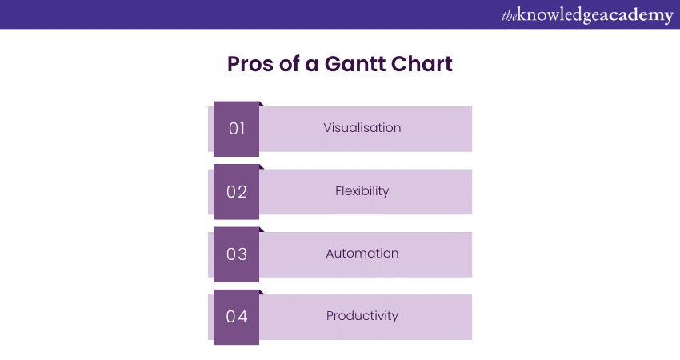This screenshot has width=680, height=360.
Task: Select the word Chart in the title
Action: (422, 64)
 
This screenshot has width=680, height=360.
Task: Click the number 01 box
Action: (236, 129)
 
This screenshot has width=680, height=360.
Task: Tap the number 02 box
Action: (236, 192)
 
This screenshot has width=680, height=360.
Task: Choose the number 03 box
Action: (236, 254)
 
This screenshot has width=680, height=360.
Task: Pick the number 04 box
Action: (236, 317)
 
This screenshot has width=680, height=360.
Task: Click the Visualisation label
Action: (362, 127)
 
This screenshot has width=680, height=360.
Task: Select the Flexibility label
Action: (362, 191)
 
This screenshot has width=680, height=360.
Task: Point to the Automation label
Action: (362, 254)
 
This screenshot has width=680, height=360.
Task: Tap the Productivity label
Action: (362, 316)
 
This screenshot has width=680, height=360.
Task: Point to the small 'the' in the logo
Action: (509, 17)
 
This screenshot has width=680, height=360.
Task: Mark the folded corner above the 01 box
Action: (262, 104)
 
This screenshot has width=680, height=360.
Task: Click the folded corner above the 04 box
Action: (262, 292)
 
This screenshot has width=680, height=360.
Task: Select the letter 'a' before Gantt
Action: (312, 66)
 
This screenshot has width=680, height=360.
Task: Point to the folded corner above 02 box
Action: (262, 167)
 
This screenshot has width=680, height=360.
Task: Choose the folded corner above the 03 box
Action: (262, 230)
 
